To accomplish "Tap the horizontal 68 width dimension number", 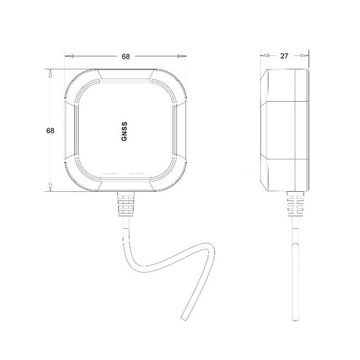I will click(125, 56).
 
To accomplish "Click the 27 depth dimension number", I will click(284, 56).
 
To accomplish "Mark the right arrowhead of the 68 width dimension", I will click(181, 56).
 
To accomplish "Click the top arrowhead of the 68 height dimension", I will click(51, 74).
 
